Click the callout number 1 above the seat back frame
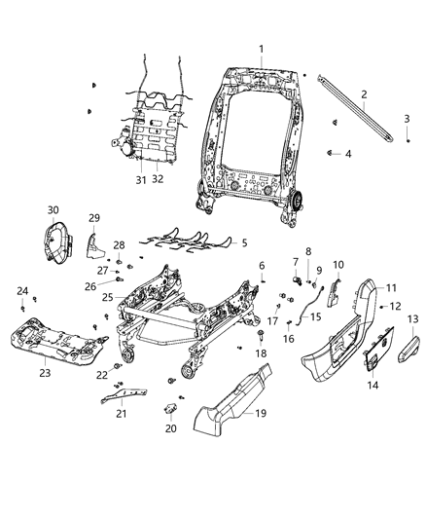click(261, 50)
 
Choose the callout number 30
click(53, 209)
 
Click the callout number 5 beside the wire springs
click(244, 242)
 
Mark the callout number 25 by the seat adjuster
click(108, 296)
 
